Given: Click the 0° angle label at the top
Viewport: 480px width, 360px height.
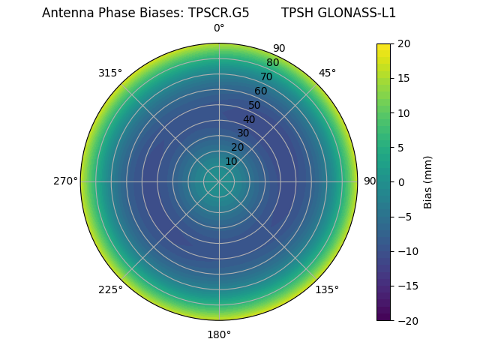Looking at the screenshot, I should (x=219, y=28).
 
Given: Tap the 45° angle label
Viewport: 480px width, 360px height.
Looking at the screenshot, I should (x=327, y=73).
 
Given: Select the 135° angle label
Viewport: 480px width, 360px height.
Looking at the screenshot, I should (x=327, y=289).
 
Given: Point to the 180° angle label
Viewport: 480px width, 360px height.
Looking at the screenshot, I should (x=219, y=334).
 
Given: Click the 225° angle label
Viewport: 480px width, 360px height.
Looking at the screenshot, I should (x=110, y=289).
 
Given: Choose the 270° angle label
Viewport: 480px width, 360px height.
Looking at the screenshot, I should (x=65, y=181).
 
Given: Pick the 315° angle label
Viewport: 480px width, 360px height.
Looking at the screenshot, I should (x=110, y=73).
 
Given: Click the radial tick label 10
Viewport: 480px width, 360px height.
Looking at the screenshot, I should (x=231, y=161).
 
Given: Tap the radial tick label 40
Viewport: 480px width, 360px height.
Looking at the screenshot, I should (x=249, y=119).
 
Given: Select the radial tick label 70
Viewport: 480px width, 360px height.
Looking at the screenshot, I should (x=266, y=76).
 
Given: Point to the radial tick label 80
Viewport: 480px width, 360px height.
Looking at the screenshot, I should (x=272, y=62).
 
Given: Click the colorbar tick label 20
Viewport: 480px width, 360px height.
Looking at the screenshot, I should (x=403, y=43).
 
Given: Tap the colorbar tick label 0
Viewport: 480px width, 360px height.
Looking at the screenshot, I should (x=400, y=182).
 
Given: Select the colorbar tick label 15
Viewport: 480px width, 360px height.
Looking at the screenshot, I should (x=403, y=78).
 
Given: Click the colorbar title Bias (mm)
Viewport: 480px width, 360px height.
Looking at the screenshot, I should (x=428, y=182).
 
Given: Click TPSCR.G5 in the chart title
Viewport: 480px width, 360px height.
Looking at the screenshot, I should (x=217, y=13).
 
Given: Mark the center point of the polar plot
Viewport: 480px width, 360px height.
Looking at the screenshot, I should (x=219, y=181).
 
